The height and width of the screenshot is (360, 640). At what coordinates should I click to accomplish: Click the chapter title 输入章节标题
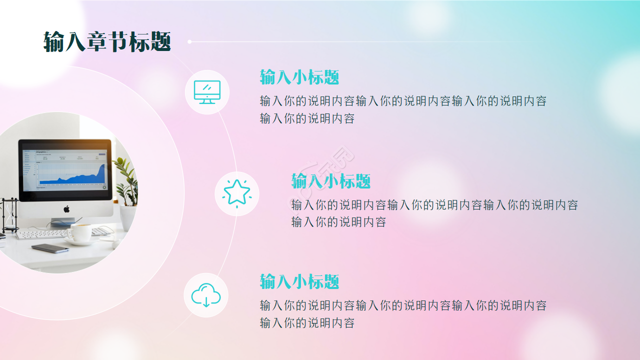click(107, 42)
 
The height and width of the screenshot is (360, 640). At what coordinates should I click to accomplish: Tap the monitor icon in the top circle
click(207, 92)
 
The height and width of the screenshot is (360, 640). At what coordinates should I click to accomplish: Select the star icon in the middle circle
click(237, 193)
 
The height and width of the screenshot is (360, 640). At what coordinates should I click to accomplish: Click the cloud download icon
click(206, 295)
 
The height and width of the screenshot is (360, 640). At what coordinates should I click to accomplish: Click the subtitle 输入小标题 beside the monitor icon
click(299, 77)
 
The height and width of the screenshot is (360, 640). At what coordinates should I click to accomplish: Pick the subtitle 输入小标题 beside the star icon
click(331, 181)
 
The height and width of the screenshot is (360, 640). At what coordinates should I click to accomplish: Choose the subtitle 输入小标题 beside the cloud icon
click(299, 282)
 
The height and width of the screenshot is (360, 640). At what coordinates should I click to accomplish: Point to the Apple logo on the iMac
click(66, 209)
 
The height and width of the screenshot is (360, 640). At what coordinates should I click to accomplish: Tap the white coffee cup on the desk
click(79, 232)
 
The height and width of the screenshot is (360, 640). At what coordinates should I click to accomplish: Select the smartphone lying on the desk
click(50, 248)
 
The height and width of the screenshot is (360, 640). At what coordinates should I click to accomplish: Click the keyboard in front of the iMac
click(42, 233)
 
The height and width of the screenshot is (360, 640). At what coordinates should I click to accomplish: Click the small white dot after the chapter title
click(189, 42)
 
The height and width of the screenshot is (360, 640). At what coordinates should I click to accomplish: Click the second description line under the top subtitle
click(307, 119)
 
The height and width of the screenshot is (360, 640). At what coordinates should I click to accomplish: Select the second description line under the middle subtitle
click(338, 222)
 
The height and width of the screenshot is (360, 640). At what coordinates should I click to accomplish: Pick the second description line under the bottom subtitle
click(307, 323)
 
